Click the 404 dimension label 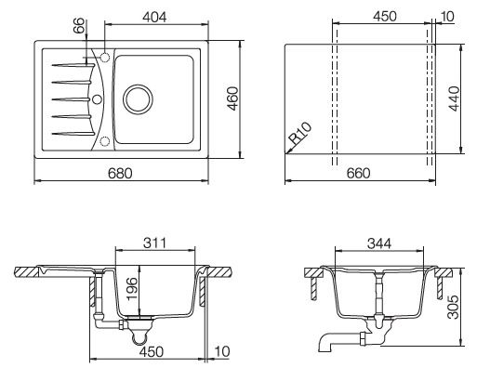[154, 17]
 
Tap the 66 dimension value [79, 26]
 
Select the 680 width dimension [120, 174]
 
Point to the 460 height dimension [232, 99]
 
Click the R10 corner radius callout [300, 133]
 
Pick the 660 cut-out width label [359, 174]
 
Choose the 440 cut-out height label [454, 99]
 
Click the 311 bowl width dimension [154, 243]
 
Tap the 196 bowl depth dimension [132, 288]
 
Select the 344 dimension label [379, 243]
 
